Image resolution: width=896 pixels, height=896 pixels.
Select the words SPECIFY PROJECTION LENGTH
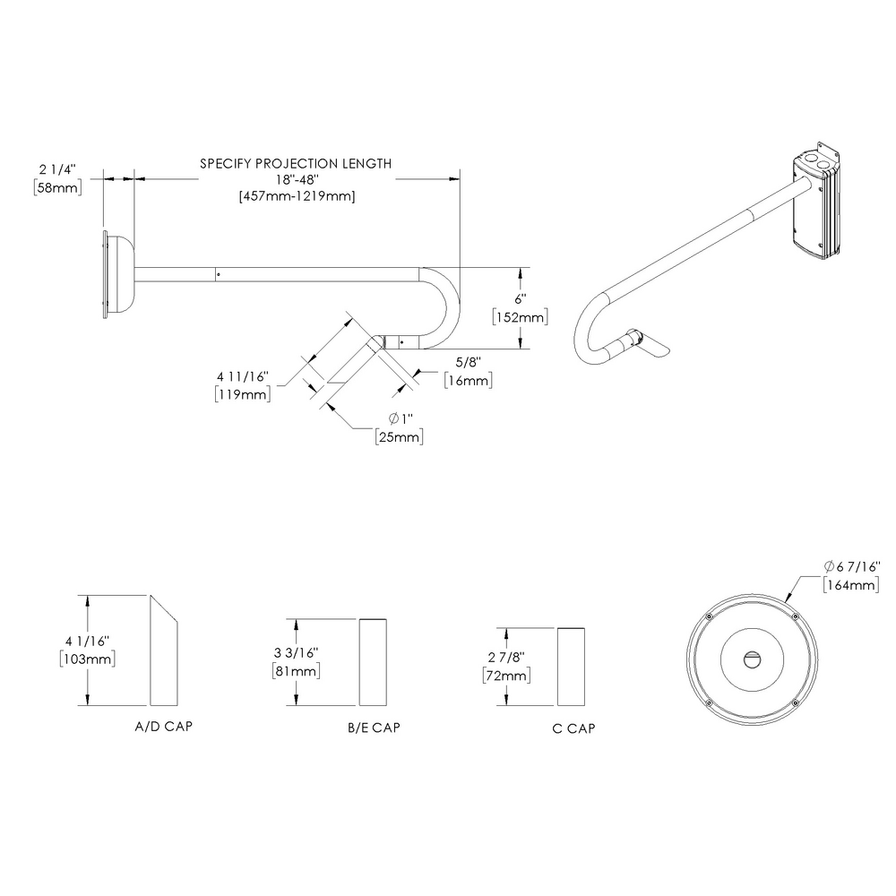pos(296,164)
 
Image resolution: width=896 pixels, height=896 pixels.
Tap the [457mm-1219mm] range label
pos(296,197)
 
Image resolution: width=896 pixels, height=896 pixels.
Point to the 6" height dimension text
pos(520,301)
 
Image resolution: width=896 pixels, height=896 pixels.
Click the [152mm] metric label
pos(520,318)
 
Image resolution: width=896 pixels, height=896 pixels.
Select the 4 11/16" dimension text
pos(243,376)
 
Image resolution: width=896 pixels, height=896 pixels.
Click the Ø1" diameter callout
pos(399,419)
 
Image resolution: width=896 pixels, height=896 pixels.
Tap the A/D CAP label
pos(162,727)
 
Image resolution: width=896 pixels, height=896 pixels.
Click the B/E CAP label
pos(374,728)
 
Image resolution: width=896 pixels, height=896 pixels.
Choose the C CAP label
pos(574,728)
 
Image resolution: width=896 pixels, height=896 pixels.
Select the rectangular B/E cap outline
pos(374,662)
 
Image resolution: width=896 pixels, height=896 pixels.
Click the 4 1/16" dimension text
pos(86,641)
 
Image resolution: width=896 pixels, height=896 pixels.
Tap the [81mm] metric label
pos(295,671)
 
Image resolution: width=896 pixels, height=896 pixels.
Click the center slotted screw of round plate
pos(752,659)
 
